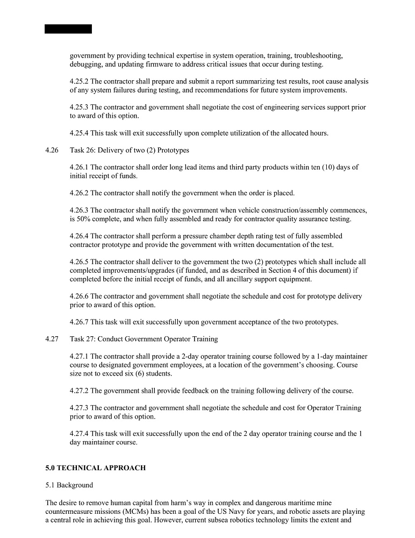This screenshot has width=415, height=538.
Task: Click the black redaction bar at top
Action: click(68, 29)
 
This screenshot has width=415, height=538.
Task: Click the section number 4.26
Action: click(52, 150)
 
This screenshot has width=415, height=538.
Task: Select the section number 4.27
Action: click(52, 339)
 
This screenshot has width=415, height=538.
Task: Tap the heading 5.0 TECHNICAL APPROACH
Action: click(95, 468)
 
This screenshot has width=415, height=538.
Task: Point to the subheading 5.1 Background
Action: click(69, 485)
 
